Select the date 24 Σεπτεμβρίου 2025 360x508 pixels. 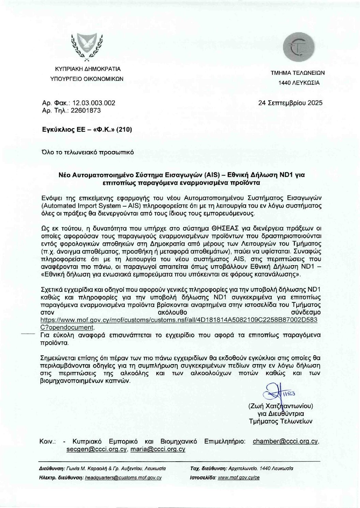[x=290, y=103]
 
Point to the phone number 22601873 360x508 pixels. [x=86, y=110]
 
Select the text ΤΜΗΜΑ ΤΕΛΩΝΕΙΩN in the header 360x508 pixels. [x=298, y=73]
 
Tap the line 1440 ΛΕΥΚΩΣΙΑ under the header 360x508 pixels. [x=299, y=83]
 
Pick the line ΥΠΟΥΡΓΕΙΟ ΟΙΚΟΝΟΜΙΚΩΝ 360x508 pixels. [x=87, y=79]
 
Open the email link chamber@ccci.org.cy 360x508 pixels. [x=286, y=442]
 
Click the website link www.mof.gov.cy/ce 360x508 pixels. [x=239, y=478]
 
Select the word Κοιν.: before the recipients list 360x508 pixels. [x=47, y=442]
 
